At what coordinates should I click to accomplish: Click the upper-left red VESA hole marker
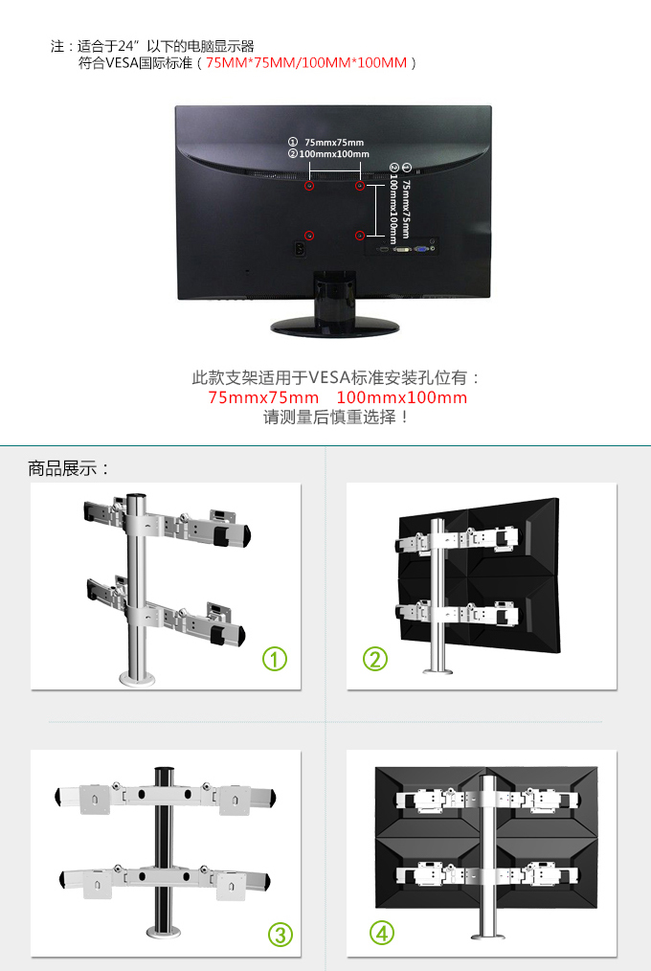[x=309, y=185]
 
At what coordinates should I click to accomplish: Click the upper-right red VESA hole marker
[x=360, y=185]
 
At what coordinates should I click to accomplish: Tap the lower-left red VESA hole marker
[x=309, y=236]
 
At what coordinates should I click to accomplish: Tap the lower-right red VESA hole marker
[x=360, y=236]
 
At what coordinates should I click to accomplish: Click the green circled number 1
[x=275, y=659]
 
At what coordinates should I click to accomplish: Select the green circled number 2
[x=375, y=659]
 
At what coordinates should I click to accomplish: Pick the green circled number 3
[x=281, y=935]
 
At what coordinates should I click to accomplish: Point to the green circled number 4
[x=382, y=933]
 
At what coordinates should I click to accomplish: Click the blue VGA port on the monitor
[x=422, y=250]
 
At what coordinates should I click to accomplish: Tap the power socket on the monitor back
[x=301, y=249]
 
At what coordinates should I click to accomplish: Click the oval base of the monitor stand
[x=335, y=326]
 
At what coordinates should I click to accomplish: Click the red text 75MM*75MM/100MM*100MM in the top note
[x=306, y=62]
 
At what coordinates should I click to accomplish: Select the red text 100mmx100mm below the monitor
[x=402, y=397]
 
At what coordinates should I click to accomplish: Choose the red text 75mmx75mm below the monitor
[x=263, y=397]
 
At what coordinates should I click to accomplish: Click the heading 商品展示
[x=62, y=468]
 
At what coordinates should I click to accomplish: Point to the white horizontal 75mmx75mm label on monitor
[x=334, y=143]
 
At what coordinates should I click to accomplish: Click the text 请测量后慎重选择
[x=329, y=418]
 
